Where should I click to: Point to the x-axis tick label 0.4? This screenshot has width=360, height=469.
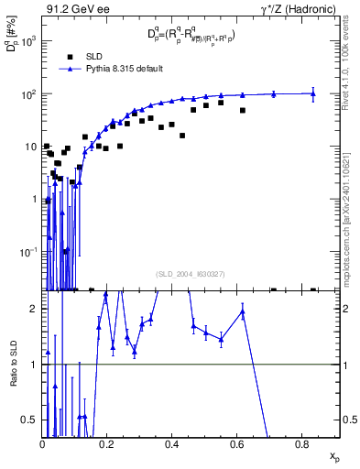(x=172, y=445)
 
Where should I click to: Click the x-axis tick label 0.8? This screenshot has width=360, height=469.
(x=302, y=445)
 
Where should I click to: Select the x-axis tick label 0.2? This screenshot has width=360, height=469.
(x=107, y=445)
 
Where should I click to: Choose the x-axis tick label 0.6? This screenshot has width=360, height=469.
(x=237, y=445)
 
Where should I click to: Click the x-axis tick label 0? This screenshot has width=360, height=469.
(x=42, y=445)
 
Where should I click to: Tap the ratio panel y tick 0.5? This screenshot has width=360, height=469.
(x=30, y=420)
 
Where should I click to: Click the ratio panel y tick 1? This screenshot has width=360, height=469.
(x=35, y=365)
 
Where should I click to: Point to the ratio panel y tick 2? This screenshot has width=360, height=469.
(x=35, y=309)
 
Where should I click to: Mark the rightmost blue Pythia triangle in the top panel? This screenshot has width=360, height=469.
(x=313, y=93)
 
